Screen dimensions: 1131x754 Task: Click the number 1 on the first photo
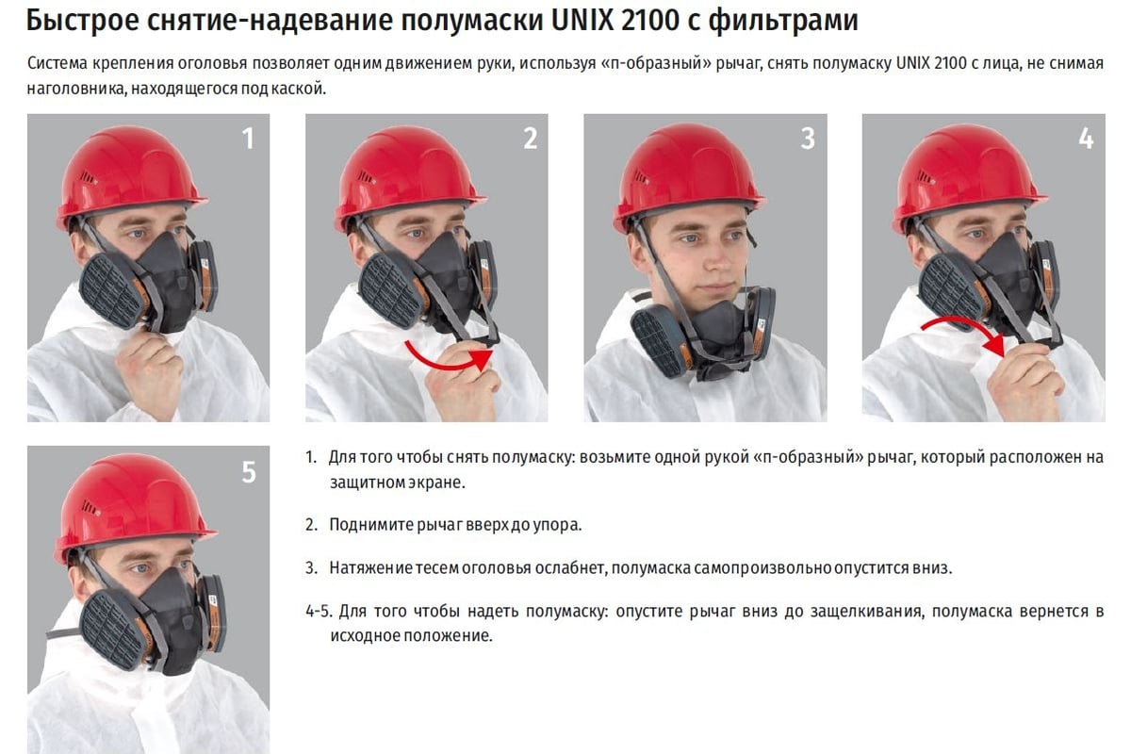coord(248,139)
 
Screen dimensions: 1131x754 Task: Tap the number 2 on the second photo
coord(530,139)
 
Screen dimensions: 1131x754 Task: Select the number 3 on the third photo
coord(808,139)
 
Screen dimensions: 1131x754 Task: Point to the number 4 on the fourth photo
coord(1086,139)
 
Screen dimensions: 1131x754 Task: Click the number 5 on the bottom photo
coord(249,472)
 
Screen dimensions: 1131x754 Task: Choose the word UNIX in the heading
coord(582,21)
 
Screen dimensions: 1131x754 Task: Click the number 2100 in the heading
coord(650,21)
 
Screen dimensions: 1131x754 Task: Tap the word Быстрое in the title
coord(82,22)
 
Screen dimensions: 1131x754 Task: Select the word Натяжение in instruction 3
coord(370,567)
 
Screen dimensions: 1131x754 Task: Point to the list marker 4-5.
coord(319,611)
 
